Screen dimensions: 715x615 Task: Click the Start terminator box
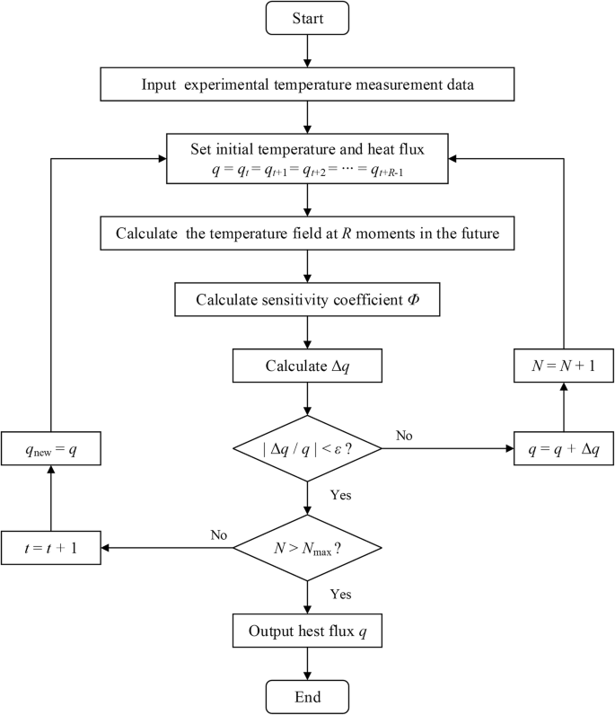[307, 19]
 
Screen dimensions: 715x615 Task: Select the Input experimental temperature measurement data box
[307, 85]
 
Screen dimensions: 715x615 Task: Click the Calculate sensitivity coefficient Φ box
[307, 300]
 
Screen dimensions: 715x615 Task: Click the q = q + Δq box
[562, 447]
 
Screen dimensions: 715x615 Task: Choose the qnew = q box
[50, 447]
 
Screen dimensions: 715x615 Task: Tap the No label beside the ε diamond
[404, 435]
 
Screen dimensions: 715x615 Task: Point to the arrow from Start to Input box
[307, 53]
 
